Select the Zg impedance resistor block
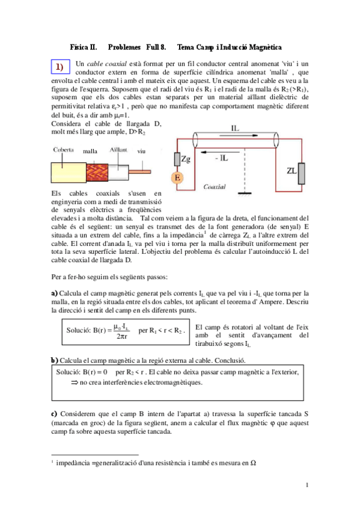point(178,159)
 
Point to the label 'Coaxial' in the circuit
point(215,186)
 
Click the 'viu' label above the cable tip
point(142,150)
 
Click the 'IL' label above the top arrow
point(239,128)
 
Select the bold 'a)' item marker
point(54,293)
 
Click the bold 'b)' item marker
point(54,360)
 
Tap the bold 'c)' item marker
point(54,414)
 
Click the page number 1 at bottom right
point(307,485)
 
